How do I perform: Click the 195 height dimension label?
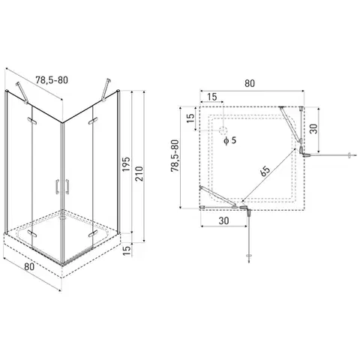127,164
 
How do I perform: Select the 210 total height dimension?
139,173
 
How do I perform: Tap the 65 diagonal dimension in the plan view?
265,171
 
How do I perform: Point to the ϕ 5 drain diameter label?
230,140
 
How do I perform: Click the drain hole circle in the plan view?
223,130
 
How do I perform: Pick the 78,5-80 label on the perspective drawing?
52,80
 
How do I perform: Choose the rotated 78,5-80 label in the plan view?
175,156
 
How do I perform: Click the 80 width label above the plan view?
250,83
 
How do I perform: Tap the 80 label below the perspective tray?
29,266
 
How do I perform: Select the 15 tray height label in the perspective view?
127,250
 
